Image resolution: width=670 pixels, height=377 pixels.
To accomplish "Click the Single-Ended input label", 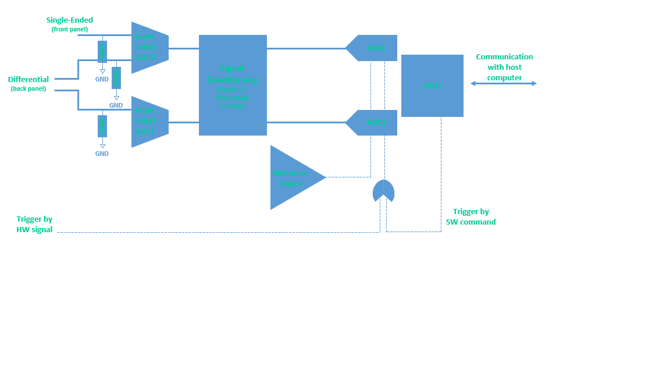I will (70, 20).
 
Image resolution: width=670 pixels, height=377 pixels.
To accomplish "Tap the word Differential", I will (28, 79).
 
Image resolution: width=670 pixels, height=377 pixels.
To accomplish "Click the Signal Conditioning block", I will (233, 85).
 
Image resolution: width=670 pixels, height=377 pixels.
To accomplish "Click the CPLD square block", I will (432, 86).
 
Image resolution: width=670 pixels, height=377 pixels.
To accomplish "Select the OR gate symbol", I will (383, 191).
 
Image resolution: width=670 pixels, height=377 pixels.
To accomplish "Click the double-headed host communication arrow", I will (503, 84).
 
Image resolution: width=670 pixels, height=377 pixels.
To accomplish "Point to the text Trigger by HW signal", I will (34, 225).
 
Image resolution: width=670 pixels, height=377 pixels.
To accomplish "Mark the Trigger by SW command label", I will (471, 217).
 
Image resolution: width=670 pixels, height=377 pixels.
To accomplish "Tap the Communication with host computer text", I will (504, 67).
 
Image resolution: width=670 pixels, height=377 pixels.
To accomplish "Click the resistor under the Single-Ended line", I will (102, 52).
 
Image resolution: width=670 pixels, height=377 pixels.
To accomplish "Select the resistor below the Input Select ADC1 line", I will (102, 126).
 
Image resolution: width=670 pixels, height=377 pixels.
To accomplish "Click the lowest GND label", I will (102, 154).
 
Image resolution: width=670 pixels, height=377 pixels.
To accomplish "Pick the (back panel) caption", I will (28, 89).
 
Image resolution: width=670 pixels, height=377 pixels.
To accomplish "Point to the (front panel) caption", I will (69, 29).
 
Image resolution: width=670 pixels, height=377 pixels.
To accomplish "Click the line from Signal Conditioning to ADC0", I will (305, 48).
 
